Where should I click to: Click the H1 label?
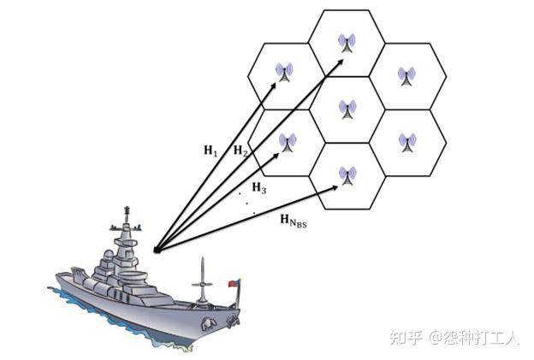click(211, 151)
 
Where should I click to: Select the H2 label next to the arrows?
click(241, 151)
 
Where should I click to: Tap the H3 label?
click(258, 187)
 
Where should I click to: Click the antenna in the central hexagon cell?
click(347, 109)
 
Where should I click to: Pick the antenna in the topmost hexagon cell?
click(347, 42)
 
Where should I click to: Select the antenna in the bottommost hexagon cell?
click(347, 175)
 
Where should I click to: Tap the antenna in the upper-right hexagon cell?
click(406, 75)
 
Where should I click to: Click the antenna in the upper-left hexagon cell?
click(285, 75)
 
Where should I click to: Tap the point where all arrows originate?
click(154, 251)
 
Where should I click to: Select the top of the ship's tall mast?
click(128, 210)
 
